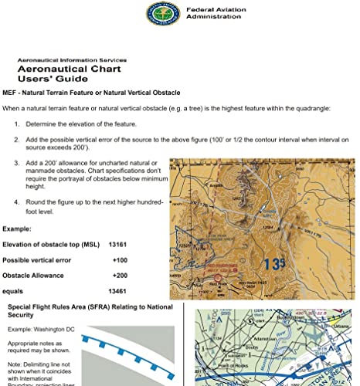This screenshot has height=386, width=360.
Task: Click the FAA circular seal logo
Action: (160, 14)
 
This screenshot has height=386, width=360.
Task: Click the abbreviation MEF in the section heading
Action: (11, 92)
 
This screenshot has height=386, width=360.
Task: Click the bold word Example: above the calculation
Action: (19, 229)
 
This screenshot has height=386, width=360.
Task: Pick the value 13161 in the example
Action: (118, 244)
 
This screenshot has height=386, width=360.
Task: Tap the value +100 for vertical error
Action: (120, 259)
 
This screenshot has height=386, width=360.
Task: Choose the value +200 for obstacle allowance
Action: (120, 275)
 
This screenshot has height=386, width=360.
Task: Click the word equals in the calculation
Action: (13, 292)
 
